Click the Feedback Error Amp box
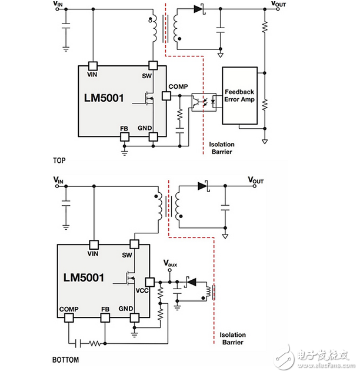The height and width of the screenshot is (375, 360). pyautogui.click(x=240, y=96)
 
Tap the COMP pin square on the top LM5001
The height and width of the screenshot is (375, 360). pyautogui.click(x=166, y=96)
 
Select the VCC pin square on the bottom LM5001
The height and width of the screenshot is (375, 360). pyautogui.click(x=150, y=282)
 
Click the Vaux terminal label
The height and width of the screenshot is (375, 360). pyautogui.click(x=170, y=263)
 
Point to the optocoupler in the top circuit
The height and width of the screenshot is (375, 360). pyautogui.click(x=204, y=102)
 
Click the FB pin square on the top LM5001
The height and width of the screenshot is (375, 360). pyautogui.click(x=125, y=137)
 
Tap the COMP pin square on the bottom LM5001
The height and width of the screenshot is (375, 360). pyautogui.click(x=69, y=318)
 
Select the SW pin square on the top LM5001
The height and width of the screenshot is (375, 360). pyautogui.click(x=153, y=65)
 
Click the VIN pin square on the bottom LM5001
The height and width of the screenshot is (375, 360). pyautogui.click(x=94, y=245)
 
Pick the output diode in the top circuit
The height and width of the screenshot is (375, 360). pyautogui.click(x=199, y=9)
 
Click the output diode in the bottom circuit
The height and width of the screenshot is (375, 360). pyautogui.click(x=203, y=186)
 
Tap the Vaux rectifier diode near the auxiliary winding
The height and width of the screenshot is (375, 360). pyautogui.click(x=191, y=282)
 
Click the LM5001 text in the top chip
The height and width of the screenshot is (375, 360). pyautogui.click(x=104, y=98)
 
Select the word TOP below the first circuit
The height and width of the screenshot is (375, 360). pyautogui.click(x=59, y=160)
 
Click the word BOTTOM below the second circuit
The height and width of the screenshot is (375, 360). pyautogui.click(x=65, y=360)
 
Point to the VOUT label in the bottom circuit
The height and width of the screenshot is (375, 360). pyautogui.click(x=256, y=180)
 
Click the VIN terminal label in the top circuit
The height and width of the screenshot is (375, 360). pyautogui.click(x=58, y=4)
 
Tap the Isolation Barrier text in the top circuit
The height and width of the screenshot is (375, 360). pyautogui.click(x=222, y=148)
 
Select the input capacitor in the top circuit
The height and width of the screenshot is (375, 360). pyautogui.click(x=66, y=26)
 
